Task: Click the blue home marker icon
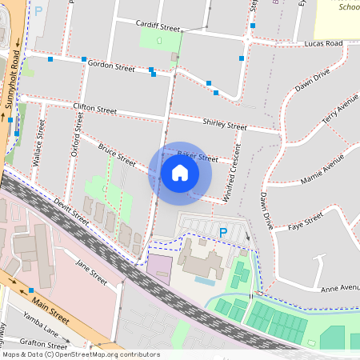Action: click(180, 173)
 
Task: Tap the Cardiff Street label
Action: click(158, 26)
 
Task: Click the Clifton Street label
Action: click(94, 107)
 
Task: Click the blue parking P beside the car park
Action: click(223, 233)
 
